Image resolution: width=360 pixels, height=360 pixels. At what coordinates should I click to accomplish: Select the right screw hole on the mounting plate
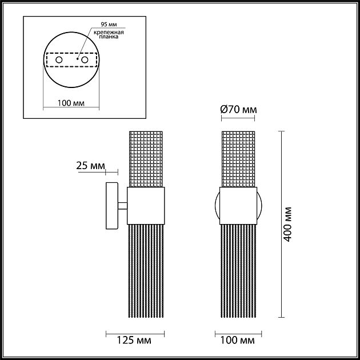coord(85,59)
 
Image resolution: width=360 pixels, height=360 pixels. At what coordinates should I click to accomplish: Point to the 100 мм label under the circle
coord(71,103)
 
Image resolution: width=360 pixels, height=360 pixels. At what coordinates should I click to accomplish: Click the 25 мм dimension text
coord(90,166)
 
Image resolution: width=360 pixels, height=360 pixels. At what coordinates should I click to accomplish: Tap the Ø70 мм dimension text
coord(239,109)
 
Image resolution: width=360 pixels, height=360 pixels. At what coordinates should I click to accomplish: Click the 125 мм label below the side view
coord(136,341)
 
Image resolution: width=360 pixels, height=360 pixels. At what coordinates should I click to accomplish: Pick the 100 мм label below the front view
coord(237,341)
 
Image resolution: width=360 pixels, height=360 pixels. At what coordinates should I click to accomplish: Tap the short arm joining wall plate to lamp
coord(122,206)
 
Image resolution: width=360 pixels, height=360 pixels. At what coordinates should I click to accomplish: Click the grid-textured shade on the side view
coord(146,159)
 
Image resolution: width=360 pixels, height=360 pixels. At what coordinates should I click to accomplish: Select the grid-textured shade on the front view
coord(238,159)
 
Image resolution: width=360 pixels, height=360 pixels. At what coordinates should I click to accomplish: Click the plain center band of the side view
coord(146,206)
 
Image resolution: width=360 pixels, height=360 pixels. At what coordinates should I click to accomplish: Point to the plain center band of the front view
coord(238,206)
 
